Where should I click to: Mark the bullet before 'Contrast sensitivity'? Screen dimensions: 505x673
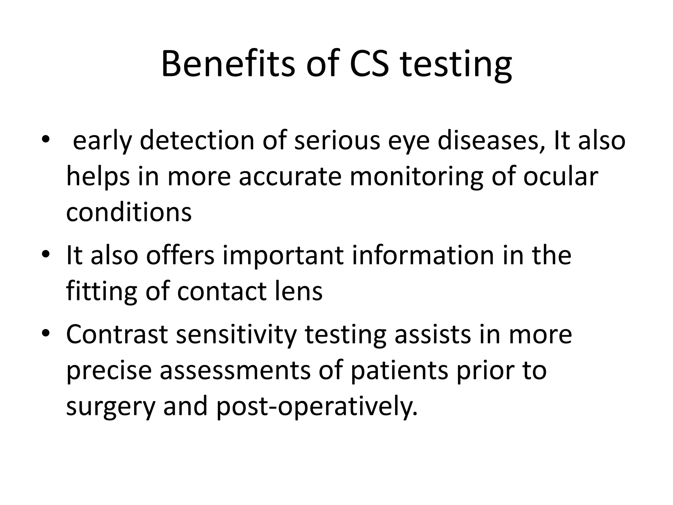[x=45, y=333]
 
